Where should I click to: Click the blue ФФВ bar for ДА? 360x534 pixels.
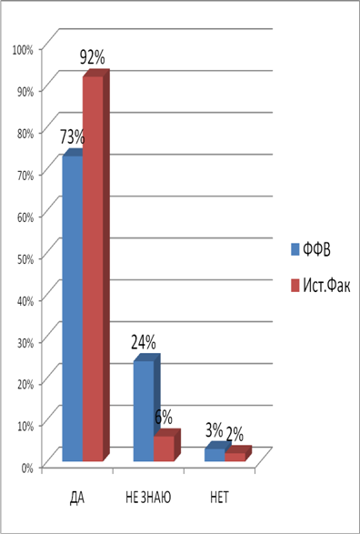[x=73, y=308]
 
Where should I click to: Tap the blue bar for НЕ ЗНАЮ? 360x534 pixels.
[x=144, y=411]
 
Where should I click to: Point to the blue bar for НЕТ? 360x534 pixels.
[x=215, y=455]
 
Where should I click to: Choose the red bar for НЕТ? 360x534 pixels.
[x=235, y=457]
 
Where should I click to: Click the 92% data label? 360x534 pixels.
[x=92, y=58]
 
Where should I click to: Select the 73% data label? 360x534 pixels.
[x=73, y=137]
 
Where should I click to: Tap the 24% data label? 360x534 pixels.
[x=144, y=342]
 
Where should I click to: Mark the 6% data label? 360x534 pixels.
[x=164, y=417]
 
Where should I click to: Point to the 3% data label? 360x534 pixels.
[x=214, y=431]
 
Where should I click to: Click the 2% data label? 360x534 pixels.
[x=235, y=435]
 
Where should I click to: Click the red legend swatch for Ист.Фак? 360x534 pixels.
[x=295, y=286]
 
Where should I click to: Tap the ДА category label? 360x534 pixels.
[x=76, y=498]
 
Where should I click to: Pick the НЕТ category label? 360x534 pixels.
[x=219, y=498]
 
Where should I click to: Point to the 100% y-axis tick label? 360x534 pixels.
[x=23, y=50]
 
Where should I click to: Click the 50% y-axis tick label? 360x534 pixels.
[x=25, y=258]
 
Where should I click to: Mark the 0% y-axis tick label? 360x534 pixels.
[x=27, y=468]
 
